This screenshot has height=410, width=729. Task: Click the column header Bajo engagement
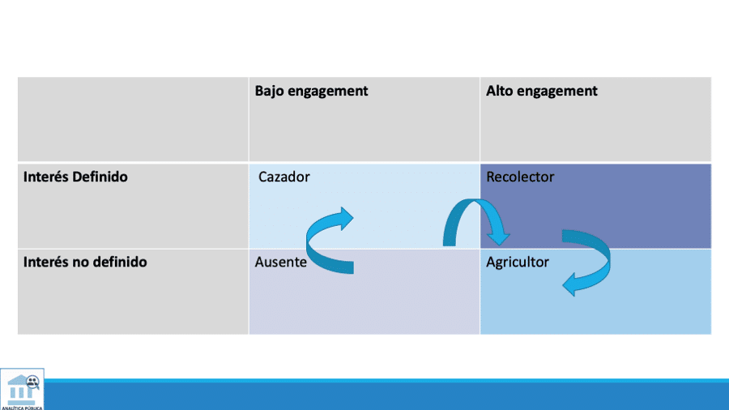[311, 91]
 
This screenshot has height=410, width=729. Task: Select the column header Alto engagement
[541, 91]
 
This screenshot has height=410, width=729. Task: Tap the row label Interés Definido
[75, 177]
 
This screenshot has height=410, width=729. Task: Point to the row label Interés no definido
[85, 263]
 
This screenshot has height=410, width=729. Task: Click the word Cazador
[283, 177]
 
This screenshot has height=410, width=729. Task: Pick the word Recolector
[520, 177]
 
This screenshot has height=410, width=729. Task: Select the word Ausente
[280, 263]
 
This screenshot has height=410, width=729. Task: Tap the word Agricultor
[518, 263]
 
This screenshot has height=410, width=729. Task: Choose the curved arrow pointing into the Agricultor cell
[595, 259]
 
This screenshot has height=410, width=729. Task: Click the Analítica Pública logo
[22, 389]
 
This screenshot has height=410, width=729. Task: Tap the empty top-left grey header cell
[133, 119]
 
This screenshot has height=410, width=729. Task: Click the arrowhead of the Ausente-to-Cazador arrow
[344, 218]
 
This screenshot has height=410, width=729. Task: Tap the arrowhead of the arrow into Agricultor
[571, 284]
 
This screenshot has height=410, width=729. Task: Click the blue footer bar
[389, 395]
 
